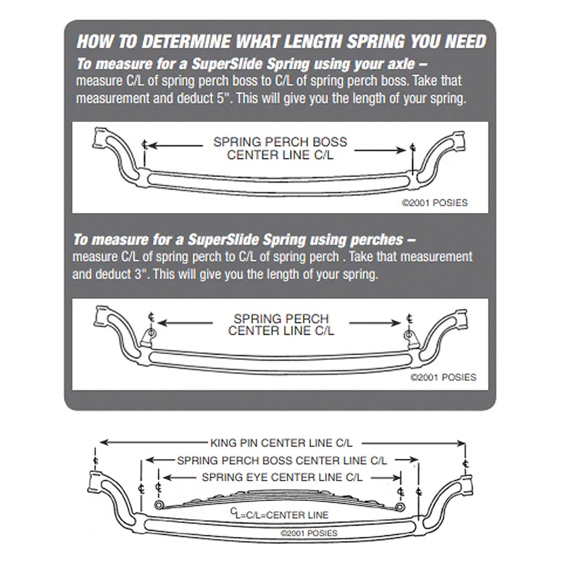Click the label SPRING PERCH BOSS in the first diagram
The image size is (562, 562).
click(x=280, y=143)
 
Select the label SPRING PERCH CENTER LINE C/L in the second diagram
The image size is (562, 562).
click(x=281, y=325)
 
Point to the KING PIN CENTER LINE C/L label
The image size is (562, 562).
click(x=281, y=443)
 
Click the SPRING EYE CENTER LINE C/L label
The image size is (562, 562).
click(x=282, y=477)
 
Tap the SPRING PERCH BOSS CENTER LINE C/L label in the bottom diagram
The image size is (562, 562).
click(x=282, y=460)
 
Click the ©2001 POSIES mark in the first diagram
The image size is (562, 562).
click(x=434, y=203)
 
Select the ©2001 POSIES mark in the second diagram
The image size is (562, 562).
click(x=443, y=377)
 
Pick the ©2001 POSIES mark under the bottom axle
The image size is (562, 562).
click(x=308, y=533)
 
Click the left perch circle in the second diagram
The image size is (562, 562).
click(x=151, y=332)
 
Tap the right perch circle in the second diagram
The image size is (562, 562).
click(x=409, y=332)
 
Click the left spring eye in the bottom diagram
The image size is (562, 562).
click(x=158, y=506)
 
